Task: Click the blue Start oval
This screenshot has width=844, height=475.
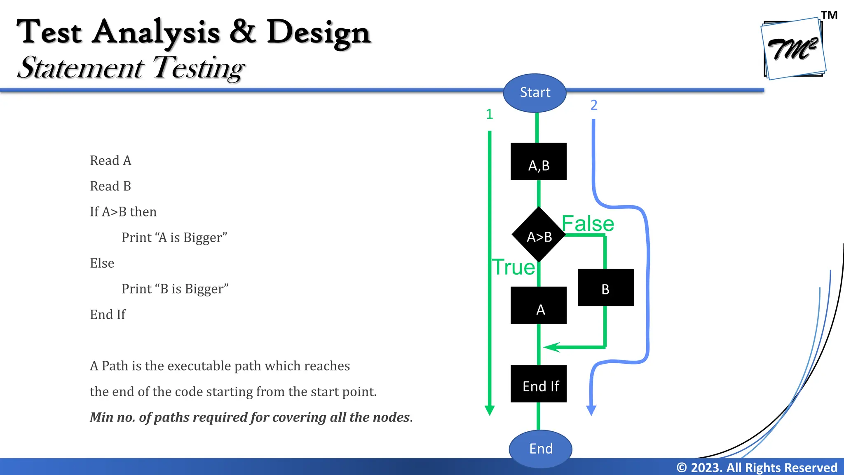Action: [x=535, y=93]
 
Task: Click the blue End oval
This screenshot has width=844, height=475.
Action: [x=540, y=449]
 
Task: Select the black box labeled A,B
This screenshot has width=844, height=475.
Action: [x=538, y=162]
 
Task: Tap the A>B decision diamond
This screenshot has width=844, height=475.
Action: [x=538, y=235]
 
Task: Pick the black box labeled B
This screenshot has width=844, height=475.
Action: [x=605, y=288]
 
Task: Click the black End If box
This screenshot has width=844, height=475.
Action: [x=538, y=384]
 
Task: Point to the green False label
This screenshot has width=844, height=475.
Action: [x=588, y=224]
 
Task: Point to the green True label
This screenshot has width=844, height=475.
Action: [x=513, y=267]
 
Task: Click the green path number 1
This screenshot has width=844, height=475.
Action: [x=489, y=114]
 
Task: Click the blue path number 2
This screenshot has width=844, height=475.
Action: [x=593, y=105]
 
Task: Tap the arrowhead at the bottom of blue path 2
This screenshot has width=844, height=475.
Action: [x=591, y=410]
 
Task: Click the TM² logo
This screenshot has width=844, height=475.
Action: [x=793, y=49]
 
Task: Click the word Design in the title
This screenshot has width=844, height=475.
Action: [x=319, y=32]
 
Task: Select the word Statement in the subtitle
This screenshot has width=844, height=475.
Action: [x=81, y=68]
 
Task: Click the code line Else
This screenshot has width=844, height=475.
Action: [x=102, y=263]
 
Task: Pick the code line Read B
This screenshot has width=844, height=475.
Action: [x=110, y=186]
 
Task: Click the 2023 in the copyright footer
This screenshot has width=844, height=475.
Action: [x=706, y=468]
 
